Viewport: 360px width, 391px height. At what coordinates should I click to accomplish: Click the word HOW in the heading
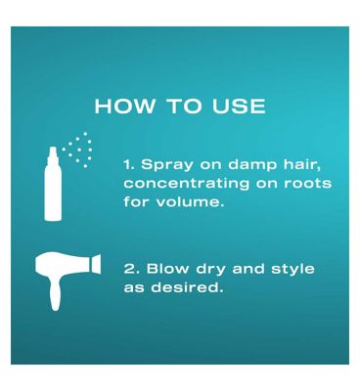click(x=125, y=106)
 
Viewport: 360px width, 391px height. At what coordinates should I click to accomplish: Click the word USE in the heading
click(x=239, y=106)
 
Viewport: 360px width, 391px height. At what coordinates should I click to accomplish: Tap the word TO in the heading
click(x=184, y=106)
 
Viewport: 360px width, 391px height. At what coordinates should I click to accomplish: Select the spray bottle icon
click(x=67, y=177)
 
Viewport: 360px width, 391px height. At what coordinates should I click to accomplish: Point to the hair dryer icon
click(x=67, y=282)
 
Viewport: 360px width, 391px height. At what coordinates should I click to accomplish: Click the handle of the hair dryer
click(x=55, y=294)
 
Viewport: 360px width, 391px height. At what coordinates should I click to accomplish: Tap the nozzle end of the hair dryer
click(x=96, y=264)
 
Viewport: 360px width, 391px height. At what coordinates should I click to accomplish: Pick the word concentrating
click(x=186, y=183)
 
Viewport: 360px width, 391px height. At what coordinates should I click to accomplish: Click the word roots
click(x=307, y=184)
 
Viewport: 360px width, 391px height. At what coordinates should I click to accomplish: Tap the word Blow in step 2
click(x=167, y=269)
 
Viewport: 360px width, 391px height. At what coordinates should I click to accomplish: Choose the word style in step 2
click(x=292, y=270)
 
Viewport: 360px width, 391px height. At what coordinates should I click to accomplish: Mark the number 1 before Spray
click(x=129, y=164)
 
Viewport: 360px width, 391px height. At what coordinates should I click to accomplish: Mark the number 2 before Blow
click(x=129, y=269)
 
